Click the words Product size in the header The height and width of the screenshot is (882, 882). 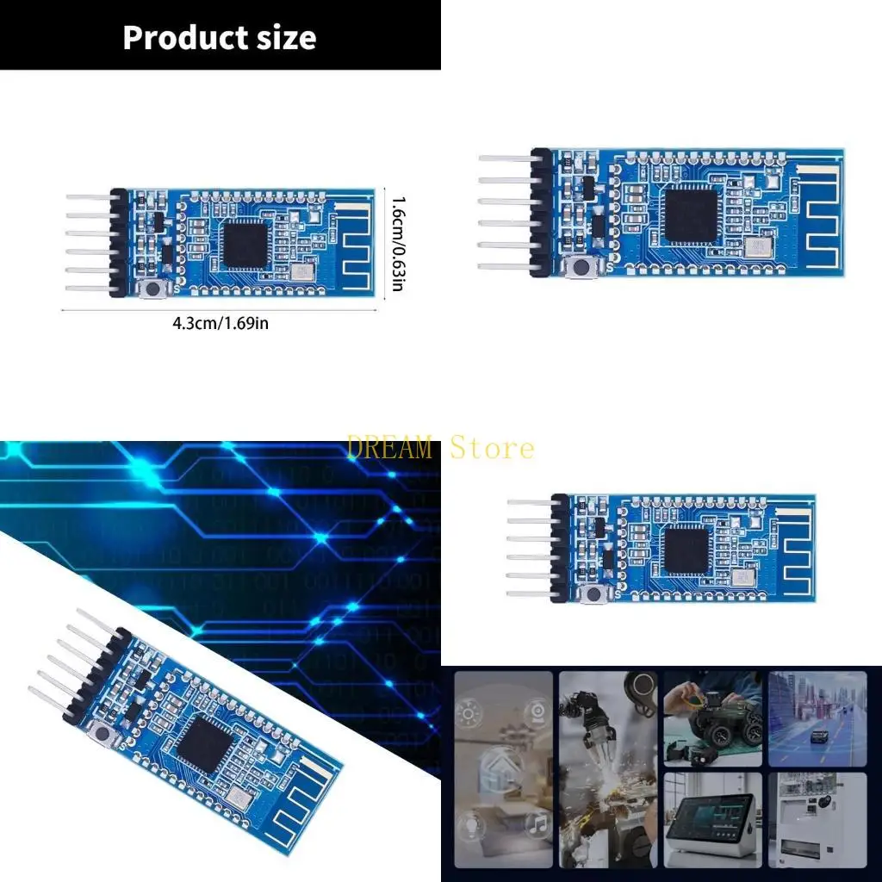(219, 37)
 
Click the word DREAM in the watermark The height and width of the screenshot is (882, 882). (390, 448)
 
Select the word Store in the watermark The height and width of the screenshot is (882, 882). (492, 448)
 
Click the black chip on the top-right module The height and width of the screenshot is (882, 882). (691, 214)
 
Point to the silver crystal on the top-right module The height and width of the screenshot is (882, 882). (758, 248)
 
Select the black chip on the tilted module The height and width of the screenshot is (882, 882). (203, 743)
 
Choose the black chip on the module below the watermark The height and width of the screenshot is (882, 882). (687, 547)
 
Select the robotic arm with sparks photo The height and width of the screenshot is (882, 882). (608, 768)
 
